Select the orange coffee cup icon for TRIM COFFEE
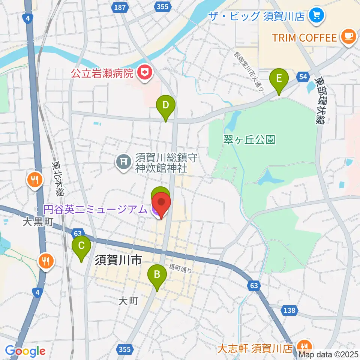pyautogui.click(x=348, y=37)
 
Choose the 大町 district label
pyautogui.click(x=129, y=300)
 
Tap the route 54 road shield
pyautogui.click(x=303, y=77)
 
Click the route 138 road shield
pyautogui.click(x=289, y=310)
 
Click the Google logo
pyautogui.click(x=25, y=350)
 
